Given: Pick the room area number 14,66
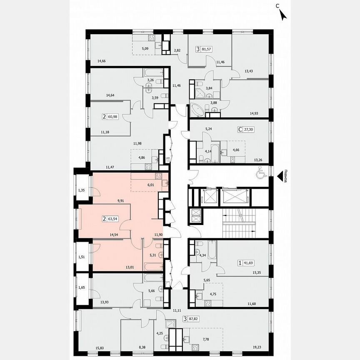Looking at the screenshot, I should [102, 61].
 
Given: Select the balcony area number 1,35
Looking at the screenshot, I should [82, 191].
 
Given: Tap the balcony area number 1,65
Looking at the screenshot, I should [82, 287].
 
